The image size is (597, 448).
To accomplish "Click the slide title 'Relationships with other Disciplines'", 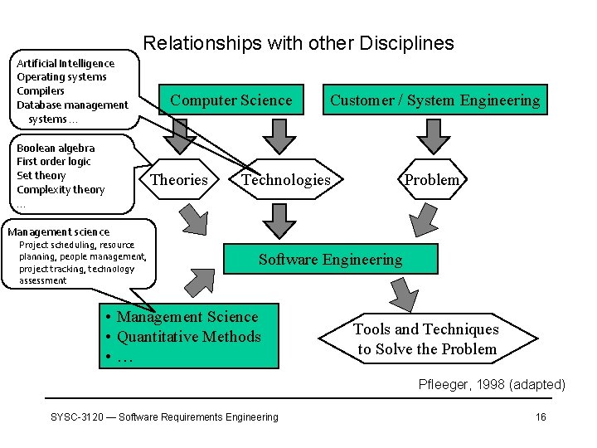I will [x=298, y=43].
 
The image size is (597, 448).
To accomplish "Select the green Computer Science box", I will [x=231, y=100].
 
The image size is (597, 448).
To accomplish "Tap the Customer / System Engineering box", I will [x=434, y=100].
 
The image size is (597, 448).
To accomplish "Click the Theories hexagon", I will [x=179, y=180].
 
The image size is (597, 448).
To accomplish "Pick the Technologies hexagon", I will [x=286, y=180].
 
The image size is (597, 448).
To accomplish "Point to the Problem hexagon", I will [x=431, y=180].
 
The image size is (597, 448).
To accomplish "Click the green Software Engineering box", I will [x=330, y=260].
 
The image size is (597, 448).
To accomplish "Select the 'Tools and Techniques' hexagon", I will [x=427, y=339].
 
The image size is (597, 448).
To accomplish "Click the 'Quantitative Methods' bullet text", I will [x=189, y=336].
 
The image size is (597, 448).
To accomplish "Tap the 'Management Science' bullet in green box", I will [x=187, y=316].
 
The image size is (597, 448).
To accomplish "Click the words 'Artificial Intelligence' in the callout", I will [x=66, y=63].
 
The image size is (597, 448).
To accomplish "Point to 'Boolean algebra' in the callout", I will [x=56, y=148].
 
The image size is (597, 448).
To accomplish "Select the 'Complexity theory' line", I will [x=61, y=189].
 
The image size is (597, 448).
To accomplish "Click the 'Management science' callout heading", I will [x=58, y=231].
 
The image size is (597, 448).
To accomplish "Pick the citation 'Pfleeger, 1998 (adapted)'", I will [x=492, y=384].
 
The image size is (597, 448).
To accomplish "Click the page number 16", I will [x=541, y=416].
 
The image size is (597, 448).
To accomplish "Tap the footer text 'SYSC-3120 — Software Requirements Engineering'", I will [x=165, y=416].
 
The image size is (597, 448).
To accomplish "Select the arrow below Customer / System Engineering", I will [x=432, y=134].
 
